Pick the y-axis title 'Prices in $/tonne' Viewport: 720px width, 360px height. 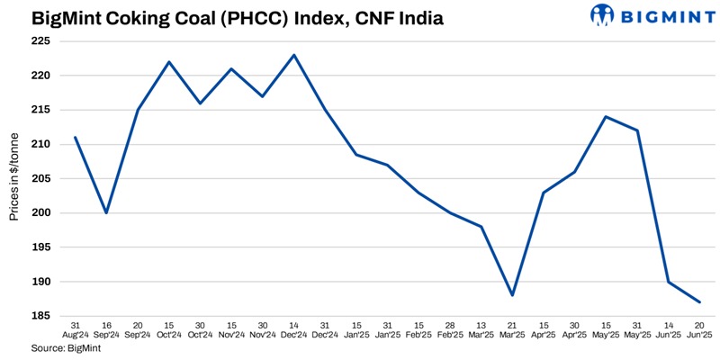click(15, 179)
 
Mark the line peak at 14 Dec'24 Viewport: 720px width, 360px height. click(294, 55)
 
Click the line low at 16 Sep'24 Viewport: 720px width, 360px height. click(106, 213)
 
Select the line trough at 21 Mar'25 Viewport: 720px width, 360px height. click(511, 295)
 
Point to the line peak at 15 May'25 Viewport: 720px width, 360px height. click(606, 117)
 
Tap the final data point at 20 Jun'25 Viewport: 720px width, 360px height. click(699, 302)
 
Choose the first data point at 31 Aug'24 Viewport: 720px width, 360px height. click(75, 138)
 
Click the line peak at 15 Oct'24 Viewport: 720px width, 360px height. click(168, 62)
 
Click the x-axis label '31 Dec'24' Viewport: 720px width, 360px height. click(325, 329)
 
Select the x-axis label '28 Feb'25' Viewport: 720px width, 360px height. click(450, 329)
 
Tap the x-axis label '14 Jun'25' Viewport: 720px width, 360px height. click(668, 329)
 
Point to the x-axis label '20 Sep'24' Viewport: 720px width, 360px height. click(138, 329)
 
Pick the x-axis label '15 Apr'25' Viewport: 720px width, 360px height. click(543, 329)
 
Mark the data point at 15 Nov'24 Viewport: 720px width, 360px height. click(231, 69)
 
